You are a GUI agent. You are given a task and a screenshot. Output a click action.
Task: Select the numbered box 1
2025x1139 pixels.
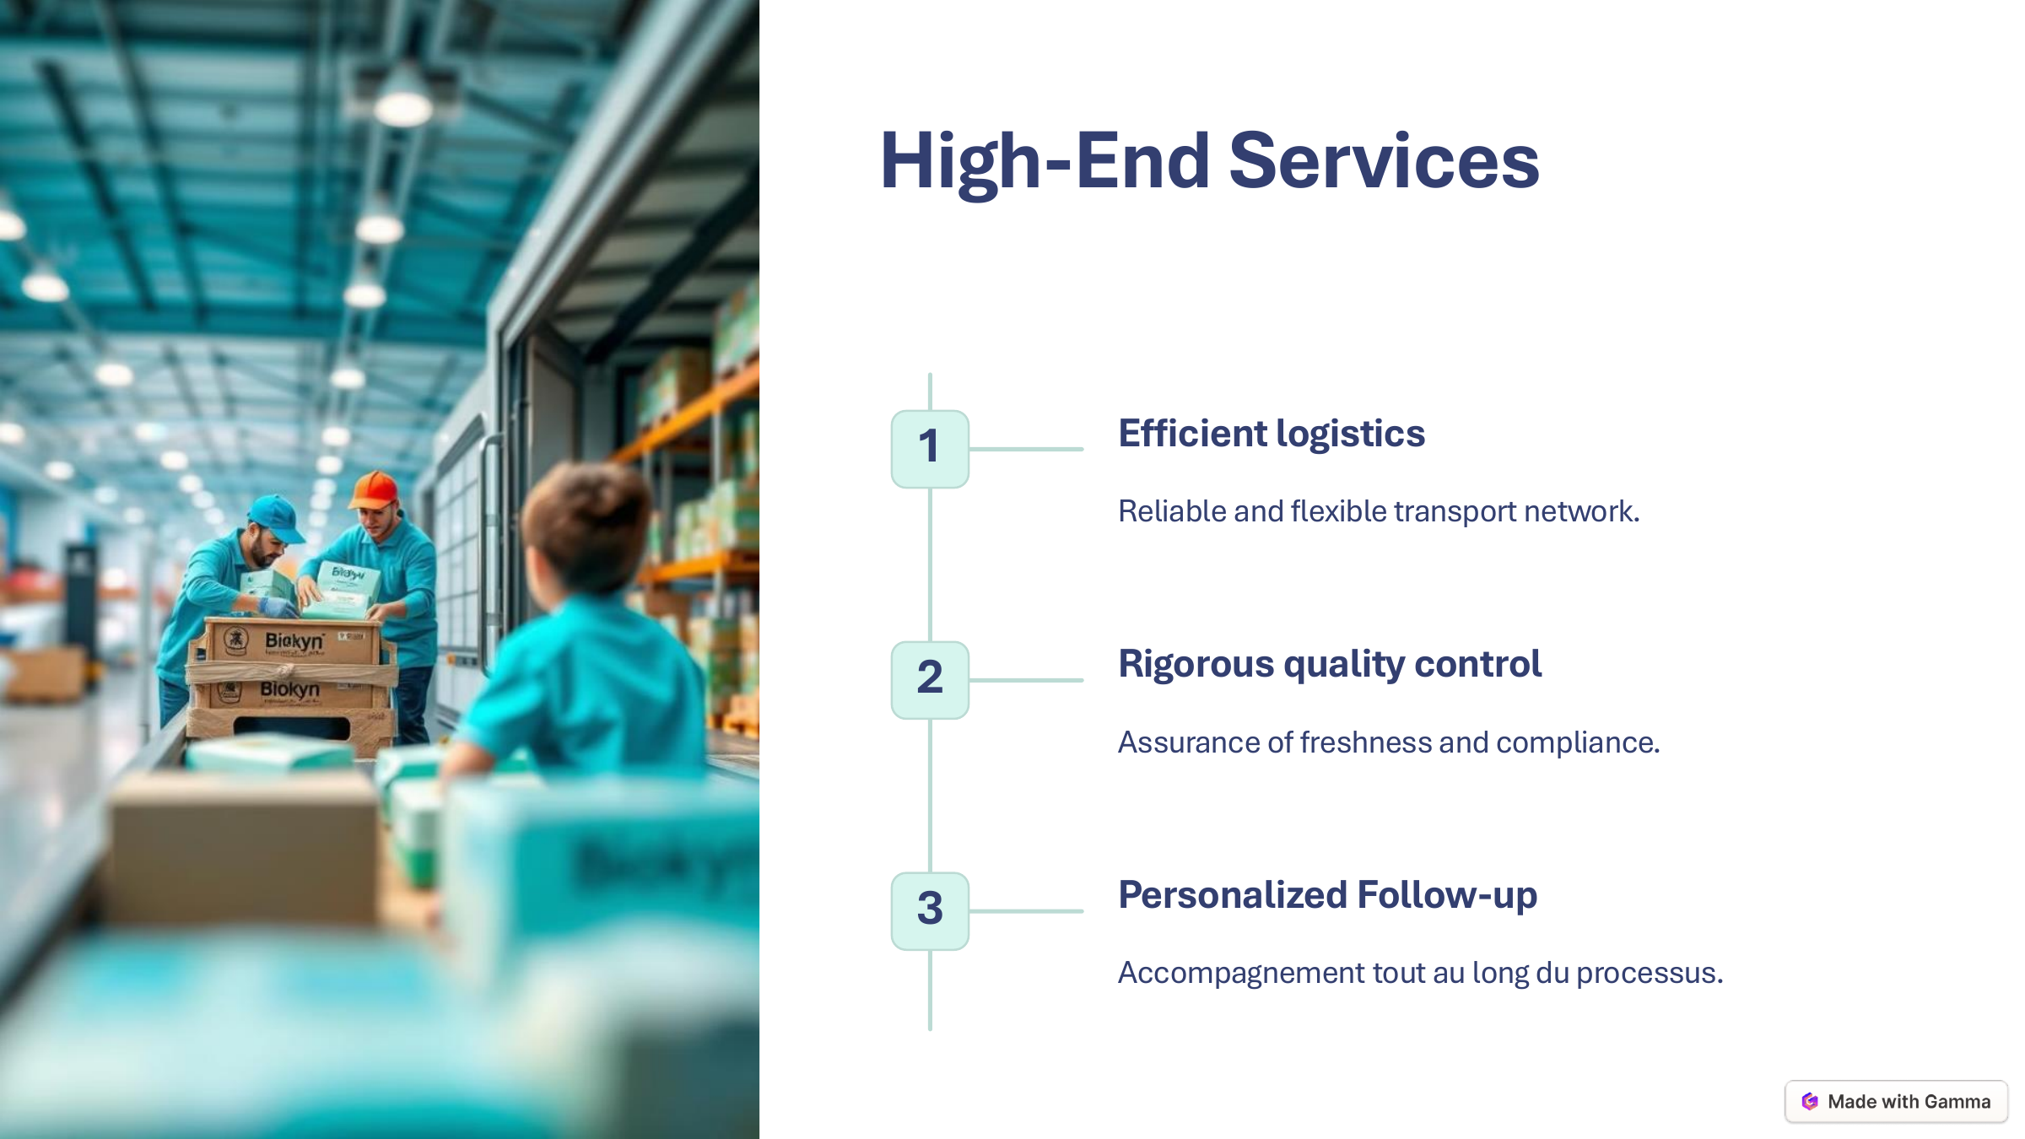[x=930, y=448]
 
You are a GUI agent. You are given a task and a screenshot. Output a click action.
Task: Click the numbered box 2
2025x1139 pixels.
[x=930, y=679]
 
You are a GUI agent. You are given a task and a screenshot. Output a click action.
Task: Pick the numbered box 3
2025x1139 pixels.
[x=930, y=910]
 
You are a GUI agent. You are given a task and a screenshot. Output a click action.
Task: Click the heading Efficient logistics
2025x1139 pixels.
[x=1271, y=434]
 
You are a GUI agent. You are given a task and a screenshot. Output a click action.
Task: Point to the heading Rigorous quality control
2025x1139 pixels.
[x=1330, y=664]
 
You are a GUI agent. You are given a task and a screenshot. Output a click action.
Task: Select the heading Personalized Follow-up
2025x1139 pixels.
[x=1327, y=895]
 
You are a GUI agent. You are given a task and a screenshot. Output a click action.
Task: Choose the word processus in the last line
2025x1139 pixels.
[x=1649, y=973]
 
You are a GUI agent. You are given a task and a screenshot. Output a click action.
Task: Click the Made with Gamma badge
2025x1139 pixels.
[x=1896, y=1101]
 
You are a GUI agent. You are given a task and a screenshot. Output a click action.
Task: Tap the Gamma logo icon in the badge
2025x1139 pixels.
[x=1809, y=1101]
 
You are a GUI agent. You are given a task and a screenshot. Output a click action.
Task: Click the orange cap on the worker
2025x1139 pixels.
[x=374, y=489]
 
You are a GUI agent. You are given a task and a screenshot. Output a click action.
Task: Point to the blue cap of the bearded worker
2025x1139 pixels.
[x=275, y=516]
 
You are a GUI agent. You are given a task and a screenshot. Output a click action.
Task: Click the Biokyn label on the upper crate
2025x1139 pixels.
[x=294, y=641]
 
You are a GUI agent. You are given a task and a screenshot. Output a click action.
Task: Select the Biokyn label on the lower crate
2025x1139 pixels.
[x=289, y=690]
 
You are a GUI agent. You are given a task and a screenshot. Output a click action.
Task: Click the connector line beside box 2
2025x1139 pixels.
[x=1026, y=680]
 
